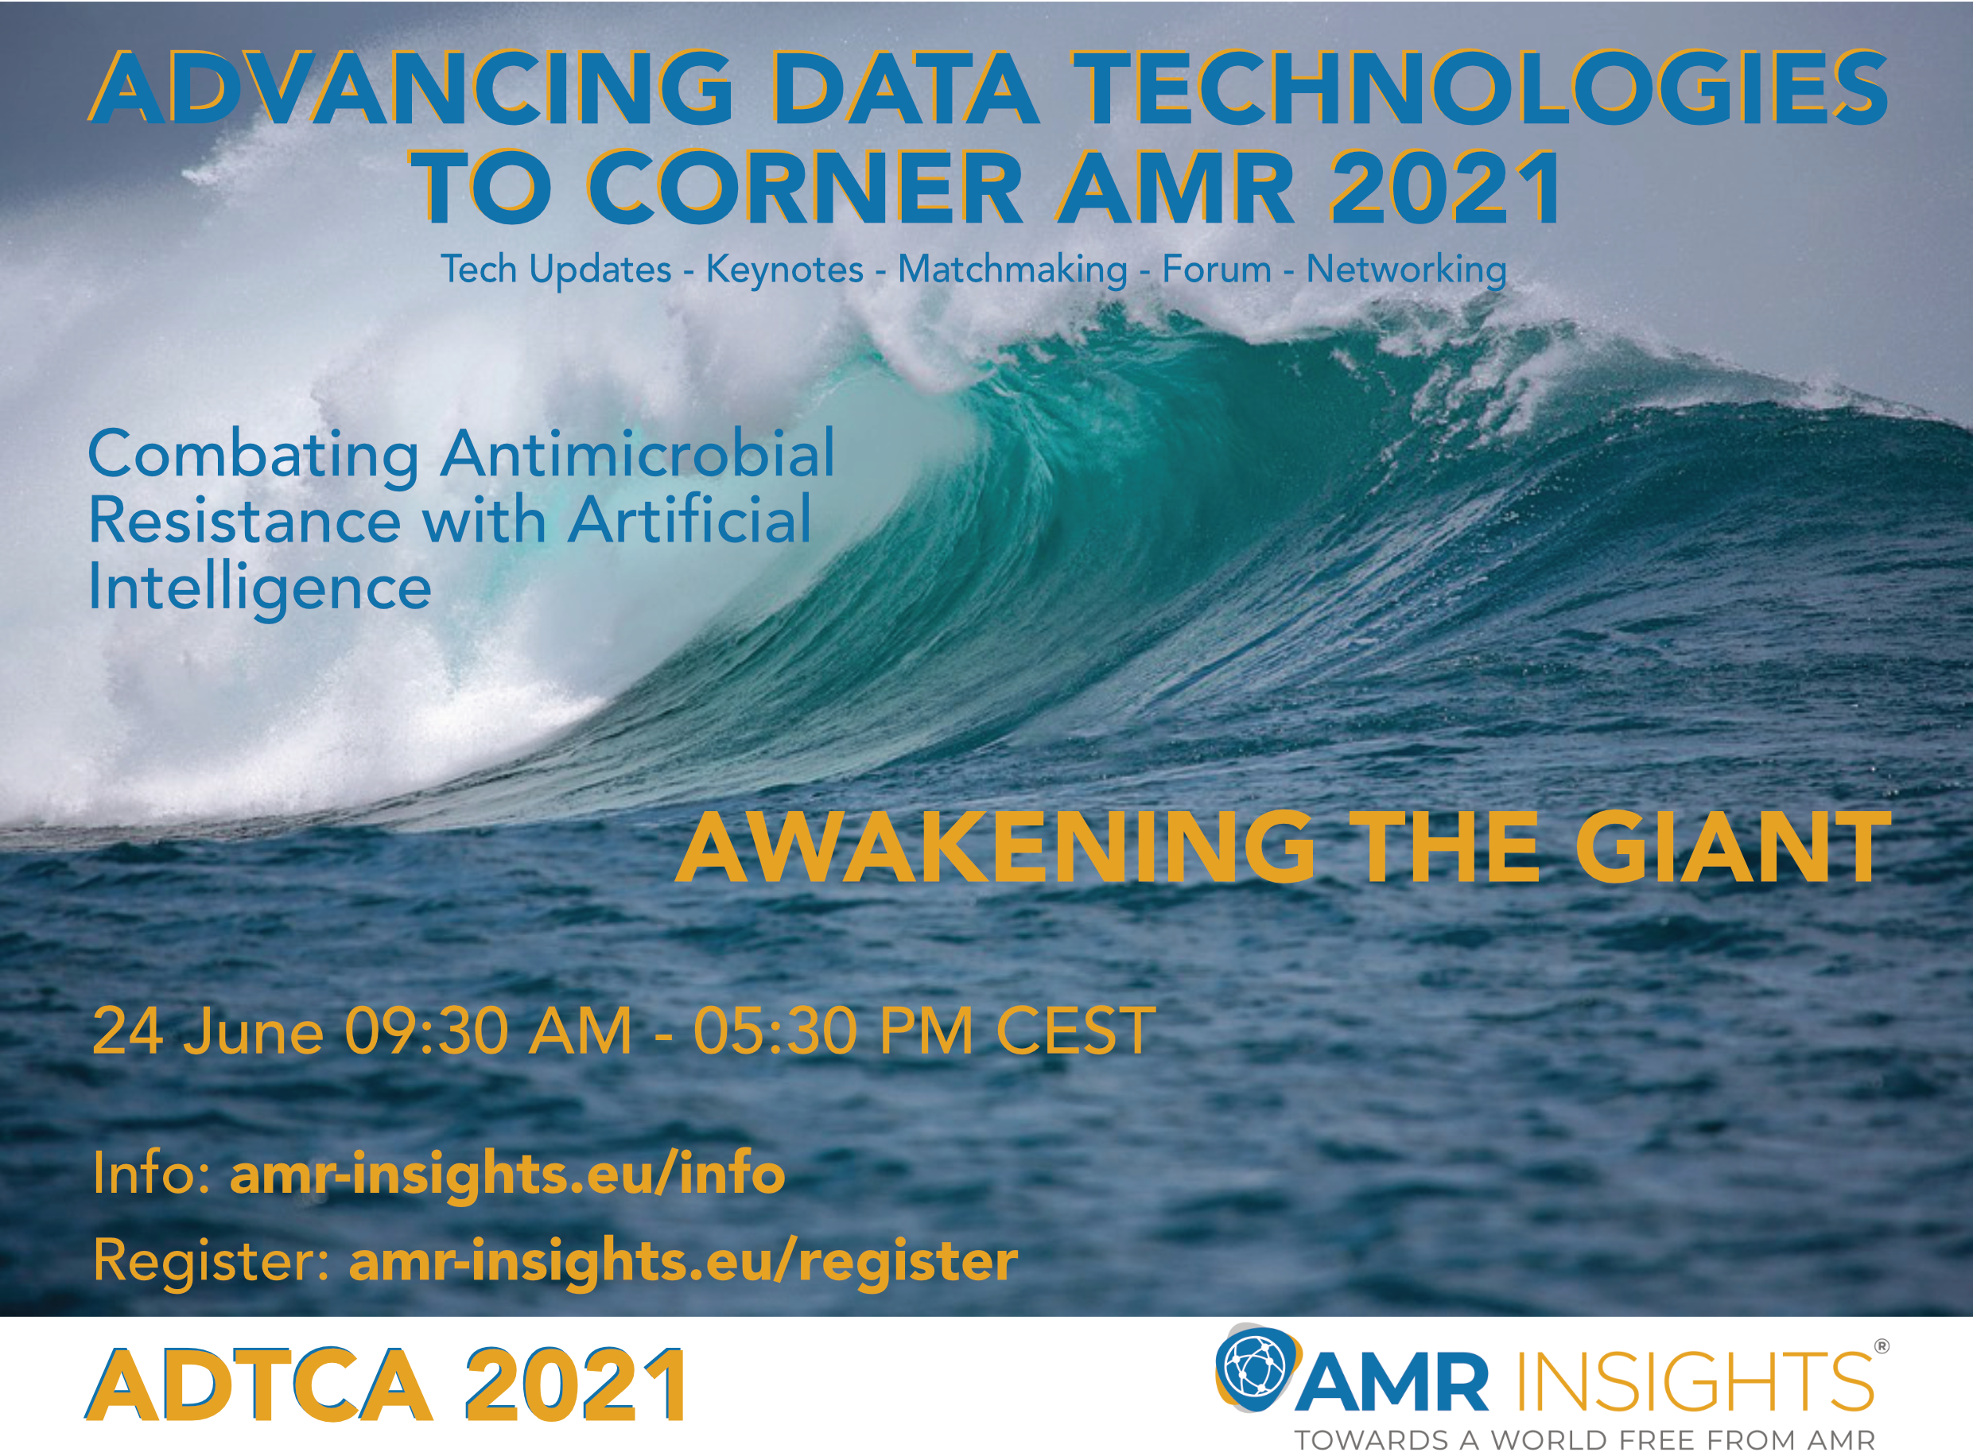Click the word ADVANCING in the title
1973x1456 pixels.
pos(410,88)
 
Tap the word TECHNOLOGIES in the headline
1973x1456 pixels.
pos(1481,88)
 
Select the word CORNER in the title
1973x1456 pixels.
pos(806,187)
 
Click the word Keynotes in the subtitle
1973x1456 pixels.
pos(784,269)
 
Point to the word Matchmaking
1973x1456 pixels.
pos(1012,269)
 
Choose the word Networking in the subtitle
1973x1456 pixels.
pos(1407,269)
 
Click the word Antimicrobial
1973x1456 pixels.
pos(638,455)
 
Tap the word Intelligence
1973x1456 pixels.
pos(260,588)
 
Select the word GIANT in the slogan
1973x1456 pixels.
pos(1732,848)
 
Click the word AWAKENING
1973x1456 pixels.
pos(995,848)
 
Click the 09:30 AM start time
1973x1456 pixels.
pos(488,1031)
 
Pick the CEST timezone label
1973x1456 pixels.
pos(1075,1031)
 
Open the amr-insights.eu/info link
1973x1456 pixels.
pos(507,1173)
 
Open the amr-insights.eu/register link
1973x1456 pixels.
pos(684,1261)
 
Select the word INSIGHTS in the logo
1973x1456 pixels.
pos(1694,1381)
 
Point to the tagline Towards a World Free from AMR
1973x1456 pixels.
pos(1584,1440)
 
